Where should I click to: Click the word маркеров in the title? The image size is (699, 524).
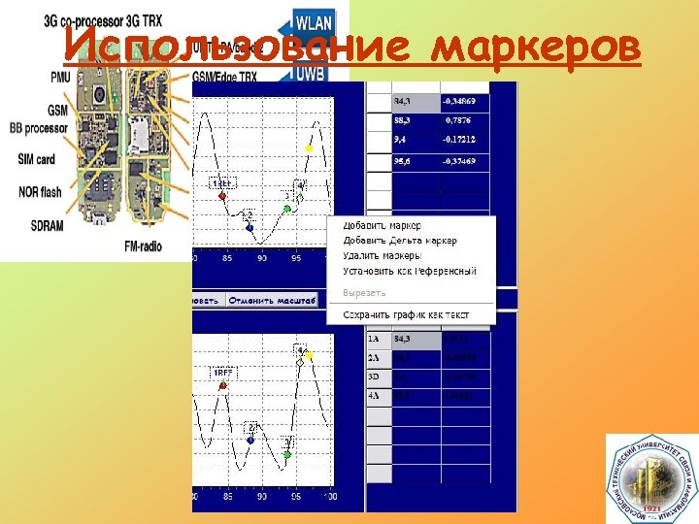click(536, 45)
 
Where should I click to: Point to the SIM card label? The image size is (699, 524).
click(36, 159)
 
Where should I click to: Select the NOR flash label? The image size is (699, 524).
click(39, 191)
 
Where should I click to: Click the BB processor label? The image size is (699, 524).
click(39, 128)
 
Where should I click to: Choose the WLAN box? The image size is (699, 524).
click(313, 22)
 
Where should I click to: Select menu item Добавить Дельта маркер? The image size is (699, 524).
click(399, 241)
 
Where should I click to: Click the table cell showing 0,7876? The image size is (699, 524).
click(463, 121)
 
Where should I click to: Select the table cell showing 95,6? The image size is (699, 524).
click(407, 161)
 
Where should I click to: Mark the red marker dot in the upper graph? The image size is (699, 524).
click(223, 196)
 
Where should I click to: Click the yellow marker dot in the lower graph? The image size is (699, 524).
click(310, 356)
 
